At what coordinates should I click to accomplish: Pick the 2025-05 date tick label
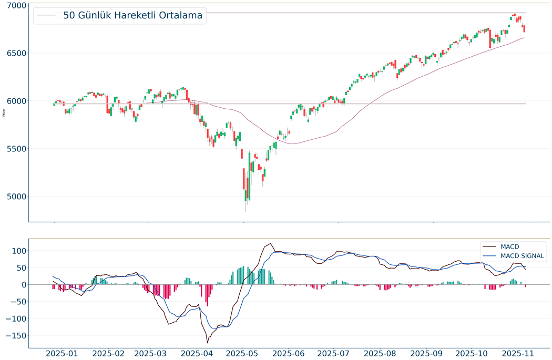pyautogui.click(x=243, y=353)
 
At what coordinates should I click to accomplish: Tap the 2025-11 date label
pyautogui.click(x=527, y=353)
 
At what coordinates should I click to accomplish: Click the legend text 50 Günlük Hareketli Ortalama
pyautogui.click(x=132, y=16)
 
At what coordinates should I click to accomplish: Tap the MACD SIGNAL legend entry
pyautogui.click(x=523, y=256)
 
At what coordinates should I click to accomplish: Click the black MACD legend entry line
pyautogui.click(x=490, y=246)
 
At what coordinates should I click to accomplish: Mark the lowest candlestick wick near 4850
pyautogui.click(x=246, y=211)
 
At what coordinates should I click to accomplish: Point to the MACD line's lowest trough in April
pyautogui.click(x=207, y=343)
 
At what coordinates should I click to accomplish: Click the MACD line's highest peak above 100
pyautogui.click(x=270, y=243)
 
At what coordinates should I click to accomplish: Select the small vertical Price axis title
pyautogui.click(x=4, y=112)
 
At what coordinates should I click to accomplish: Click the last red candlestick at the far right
pyautogui.click(x=524, y=29)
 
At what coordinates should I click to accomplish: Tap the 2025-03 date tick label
pyautogui.click(x=149, y=353)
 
